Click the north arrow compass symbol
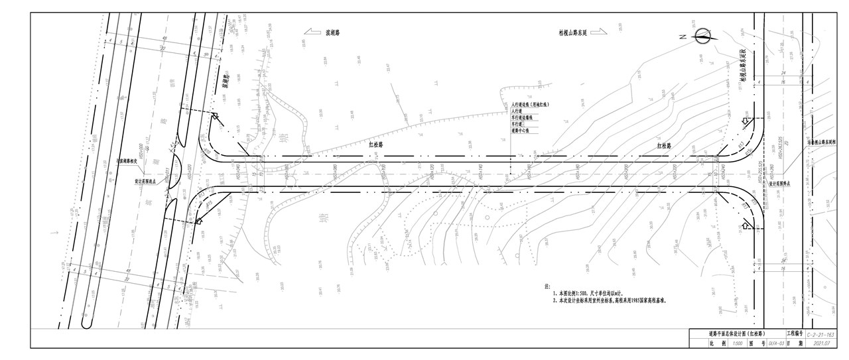pos(702,36)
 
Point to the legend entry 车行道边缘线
pos(525,117)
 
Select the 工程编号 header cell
pos(795,333)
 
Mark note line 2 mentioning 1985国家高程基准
pos(609,300)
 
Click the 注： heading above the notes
pos(547,286)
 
